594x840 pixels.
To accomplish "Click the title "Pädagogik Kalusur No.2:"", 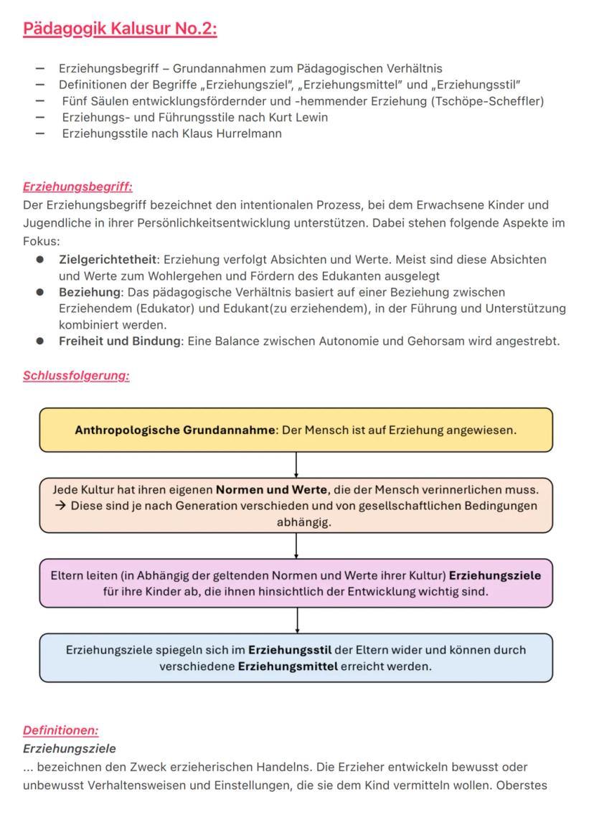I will click(120, 29).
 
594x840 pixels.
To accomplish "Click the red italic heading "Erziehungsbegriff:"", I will click(77, 187).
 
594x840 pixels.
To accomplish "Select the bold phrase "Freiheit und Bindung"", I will click(120, 341).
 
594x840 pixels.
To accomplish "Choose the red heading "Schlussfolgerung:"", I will click(76, 376).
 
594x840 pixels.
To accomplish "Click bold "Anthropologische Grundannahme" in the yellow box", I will click(175, 430).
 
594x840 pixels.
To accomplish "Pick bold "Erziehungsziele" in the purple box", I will click(495, 576).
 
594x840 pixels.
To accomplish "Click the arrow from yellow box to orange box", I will click(296, 465).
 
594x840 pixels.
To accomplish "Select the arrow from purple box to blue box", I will click(296, 620).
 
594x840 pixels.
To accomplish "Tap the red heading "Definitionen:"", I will click(60, 730).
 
